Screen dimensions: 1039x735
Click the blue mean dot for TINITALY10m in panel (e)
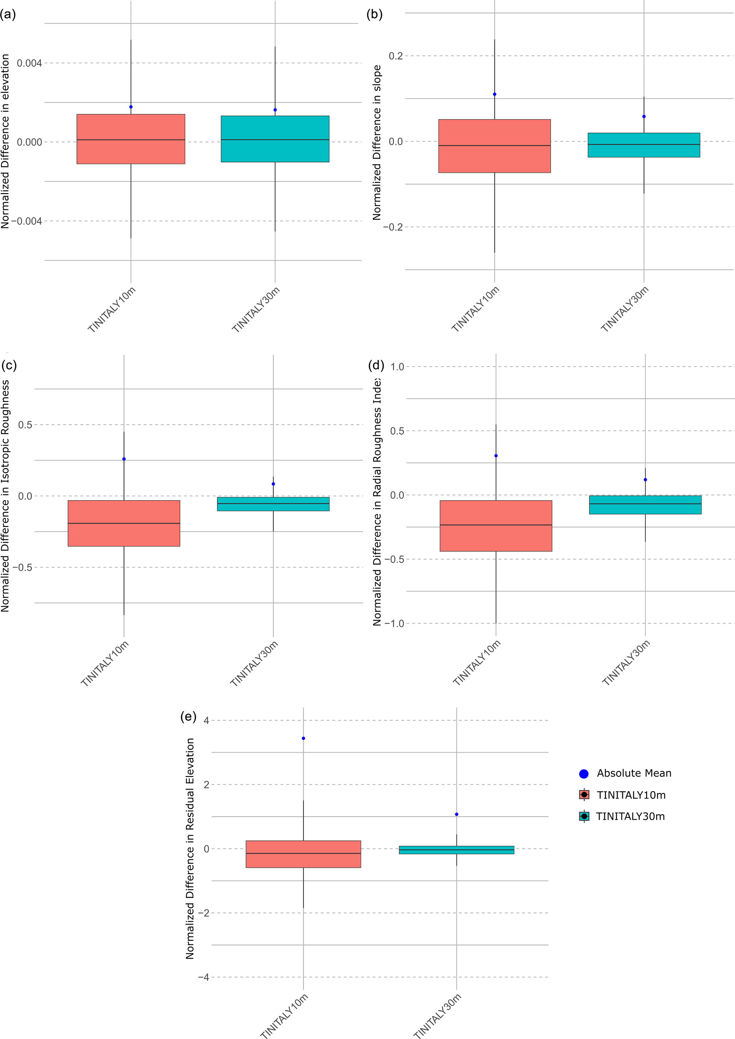click(303, 738)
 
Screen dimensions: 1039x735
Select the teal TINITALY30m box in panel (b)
click(644, 145)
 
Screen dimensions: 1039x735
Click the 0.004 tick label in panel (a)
click(30, 63)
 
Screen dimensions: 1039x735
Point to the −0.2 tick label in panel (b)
click(393, 227)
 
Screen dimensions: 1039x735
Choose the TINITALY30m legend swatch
click(584, 816)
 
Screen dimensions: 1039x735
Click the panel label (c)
click(9, 365)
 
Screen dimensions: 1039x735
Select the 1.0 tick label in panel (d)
click(397, 367)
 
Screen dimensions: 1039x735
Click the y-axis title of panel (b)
click(377, 142)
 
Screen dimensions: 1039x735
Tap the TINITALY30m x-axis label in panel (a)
click(256, 310)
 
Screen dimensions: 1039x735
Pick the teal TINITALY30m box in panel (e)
click(456, 850)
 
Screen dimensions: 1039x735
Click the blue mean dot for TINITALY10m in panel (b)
click(495, 94)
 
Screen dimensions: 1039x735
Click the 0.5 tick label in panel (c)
click(25, 425)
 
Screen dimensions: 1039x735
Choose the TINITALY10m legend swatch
click(584, 795)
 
